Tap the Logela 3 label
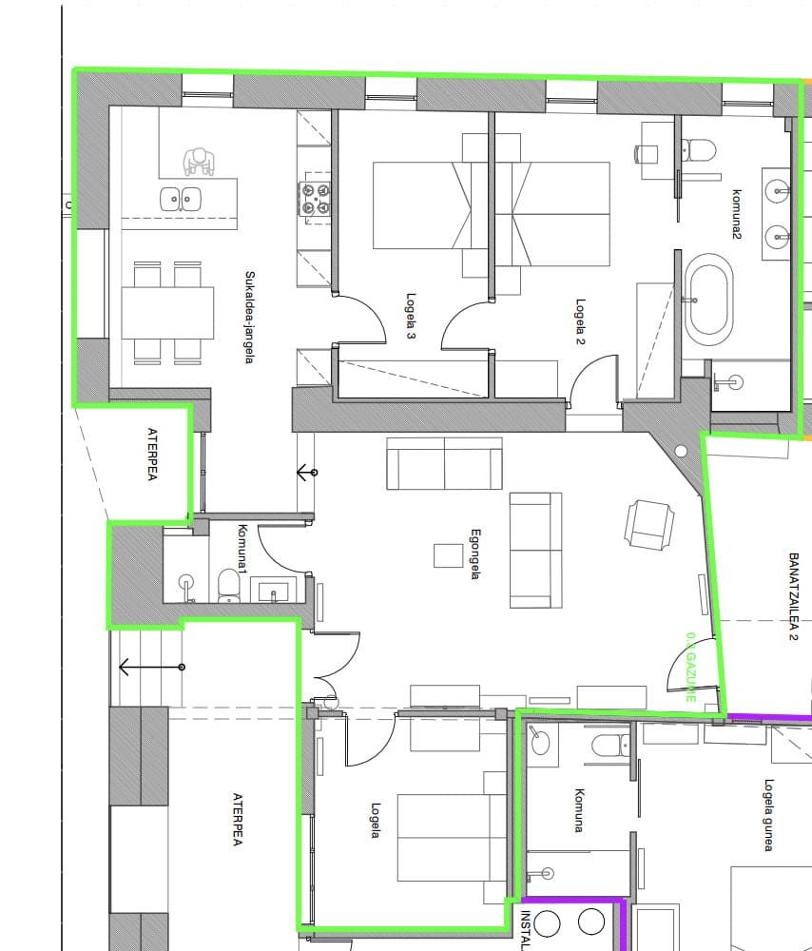click(x=411, y=316)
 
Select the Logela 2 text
click(x=580, y=323)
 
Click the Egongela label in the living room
click(x=475, y=554)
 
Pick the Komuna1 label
click(x=242, y=549)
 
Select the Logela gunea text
click(x=768, y=815)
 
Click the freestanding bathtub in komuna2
click(x=708, y=303)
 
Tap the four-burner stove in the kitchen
click(x=316, y=198)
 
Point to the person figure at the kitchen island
click(x=199, y=162)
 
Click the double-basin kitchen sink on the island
click(x=180, y=199)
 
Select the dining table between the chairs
click(x=168, y=312)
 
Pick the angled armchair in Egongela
click(x=650, y=524)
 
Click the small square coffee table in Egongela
click(x=449, y=554)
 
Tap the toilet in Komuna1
click(x=228, y=585)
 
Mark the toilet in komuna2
click(x=701, y=150)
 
